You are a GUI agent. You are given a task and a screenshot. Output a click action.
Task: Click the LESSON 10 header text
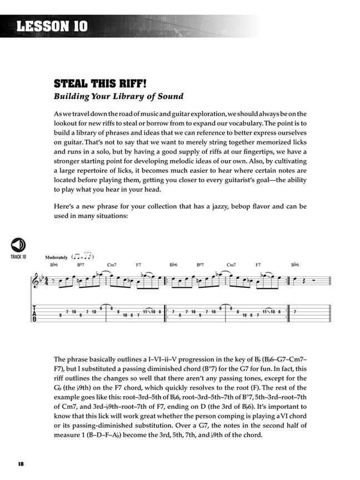(x=52, y=26)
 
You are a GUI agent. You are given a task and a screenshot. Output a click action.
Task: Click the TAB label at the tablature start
(x=35, y=314)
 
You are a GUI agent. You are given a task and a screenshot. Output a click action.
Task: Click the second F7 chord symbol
(x=258, y=265)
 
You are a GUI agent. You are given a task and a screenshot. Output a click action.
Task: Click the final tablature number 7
(x=295, y=311)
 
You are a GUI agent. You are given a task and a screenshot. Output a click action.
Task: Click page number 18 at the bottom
(x=21, y=464)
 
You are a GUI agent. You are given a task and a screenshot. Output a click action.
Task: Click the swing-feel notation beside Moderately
(x=83, y=257)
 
